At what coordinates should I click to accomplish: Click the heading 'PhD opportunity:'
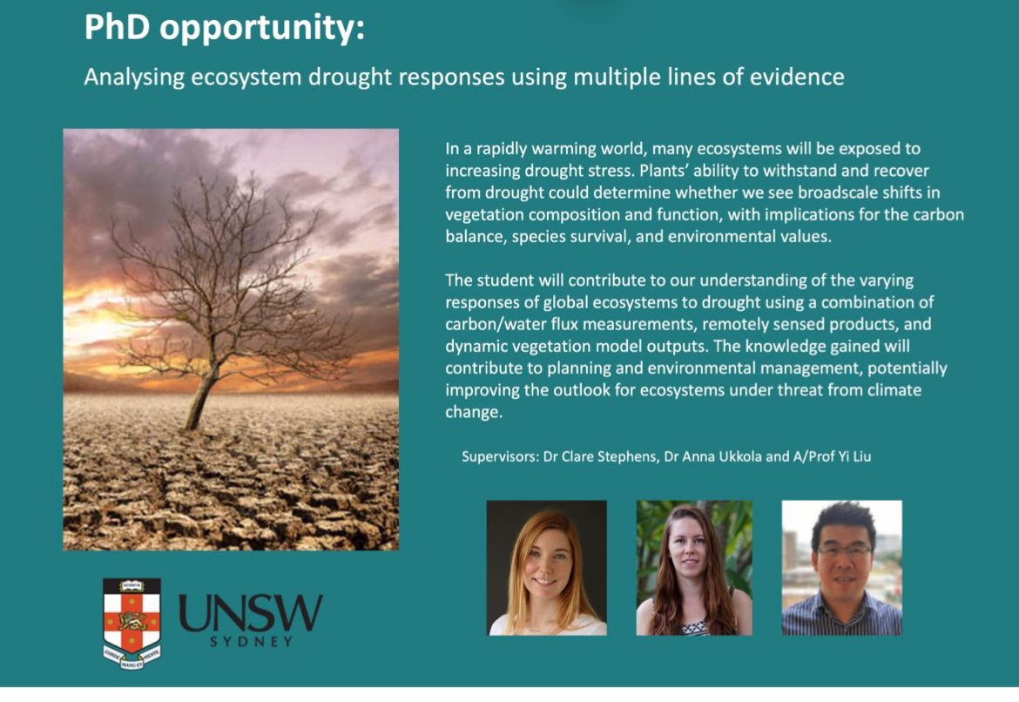[x=224, y=28]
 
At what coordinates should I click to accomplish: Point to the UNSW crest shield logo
[x=132, y=624]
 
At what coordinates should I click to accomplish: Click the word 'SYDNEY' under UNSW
[x=251, y=642]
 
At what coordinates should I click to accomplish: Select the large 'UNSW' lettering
[x=250, y=612]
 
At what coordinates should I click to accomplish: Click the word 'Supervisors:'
[x=501, y=457]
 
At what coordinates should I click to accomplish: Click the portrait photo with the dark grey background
[x=547, y=568]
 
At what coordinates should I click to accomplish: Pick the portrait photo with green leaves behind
[x=694, y=568]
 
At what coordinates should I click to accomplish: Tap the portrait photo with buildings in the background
[x=841, y=568]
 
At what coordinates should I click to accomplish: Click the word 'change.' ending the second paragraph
[x=474, y=413]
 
